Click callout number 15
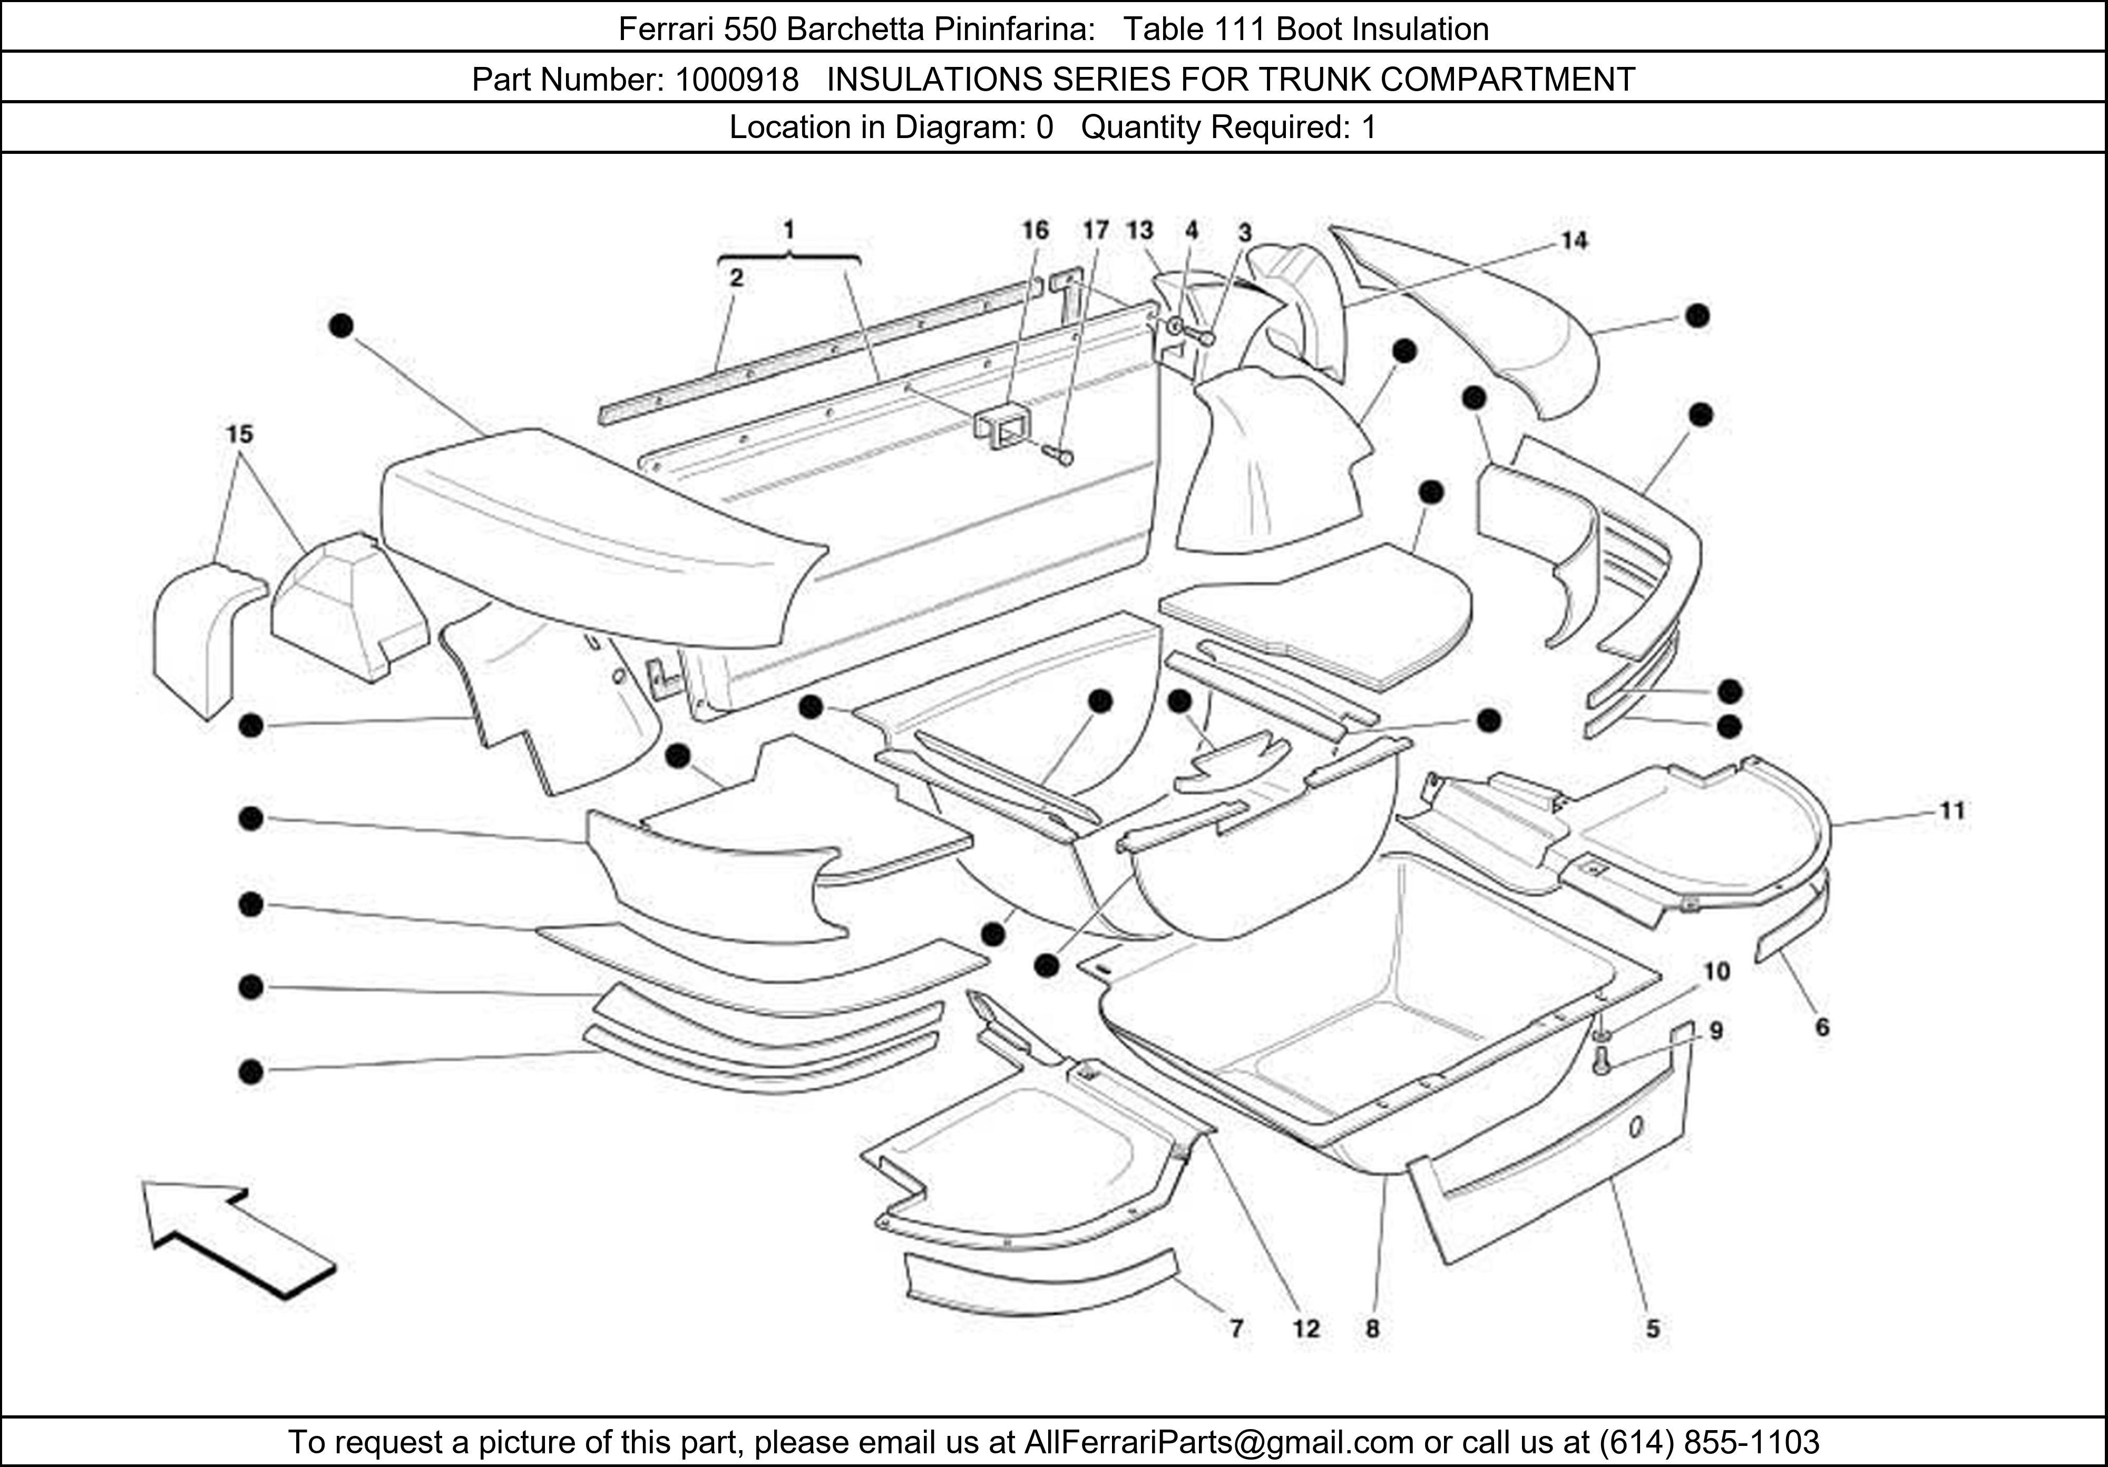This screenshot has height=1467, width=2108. point(240,434)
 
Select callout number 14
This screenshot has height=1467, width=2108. point(1574,240)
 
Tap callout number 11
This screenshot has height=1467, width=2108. point(1951,810)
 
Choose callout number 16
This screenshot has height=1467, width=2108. point(1035,230)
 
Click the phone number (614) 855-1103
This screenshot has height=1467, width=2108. point(1709,1442)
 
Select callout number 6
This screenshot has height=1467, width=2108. point(1822,1027)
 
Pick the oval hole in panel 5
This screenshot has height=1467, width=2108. point(1637,1127)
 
